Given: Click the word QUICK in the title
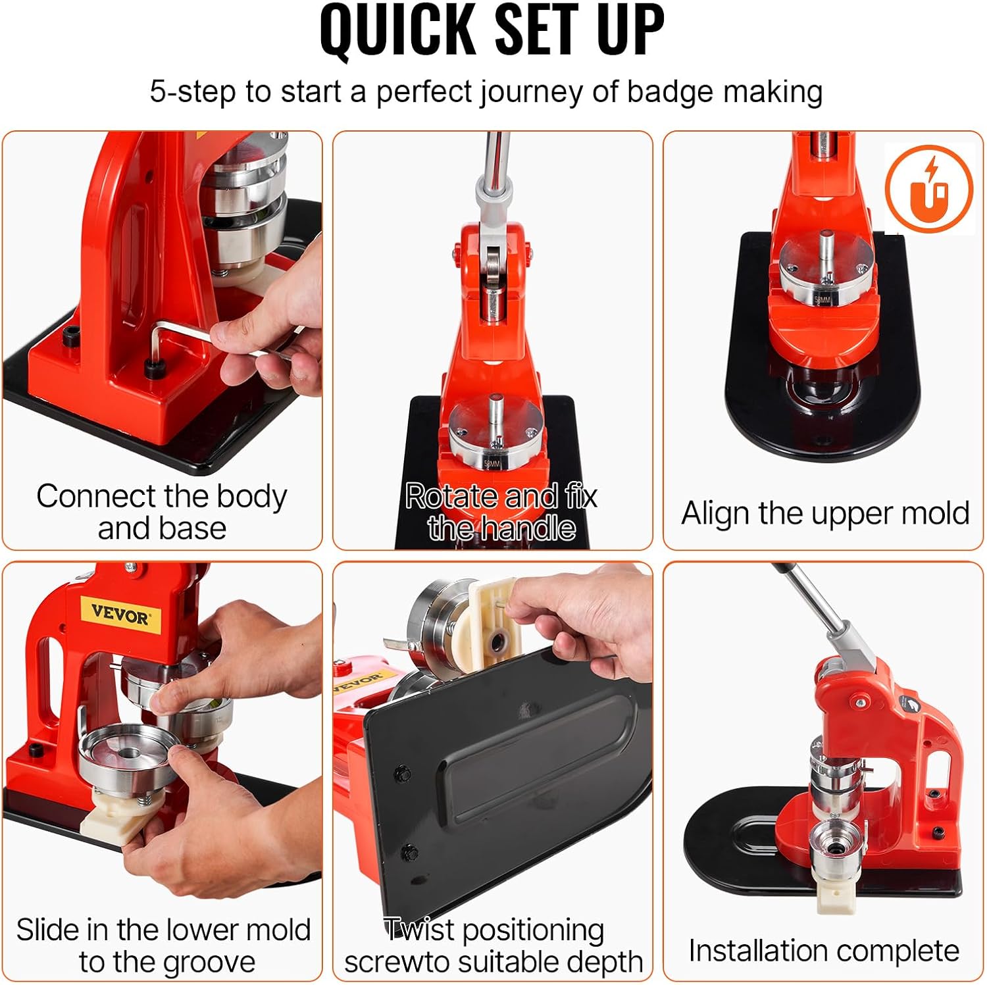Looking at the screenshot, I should click(x=399, y=30).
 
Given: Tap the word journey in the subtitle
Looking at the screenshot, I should click(x=530, y=92).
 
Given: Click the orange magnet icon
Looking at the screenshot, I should click(x=928, y=188).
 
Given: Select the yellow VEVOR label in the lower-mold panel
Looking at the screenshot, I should click(x=120, y=615).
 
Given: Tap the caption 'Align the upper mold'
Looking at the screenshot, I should click(x=825, y=513).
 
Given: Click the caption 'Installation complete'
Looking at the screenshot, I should click(x=823, y=951).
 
